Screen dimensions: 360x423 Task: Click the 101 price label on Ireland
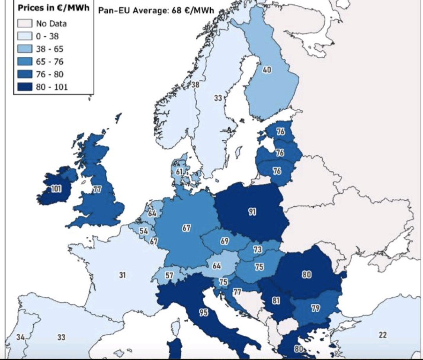(56, 189)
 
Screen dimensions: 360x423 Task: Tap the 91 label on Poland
(252, 212)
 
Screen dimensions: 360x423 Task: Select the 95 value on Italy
(203, 312)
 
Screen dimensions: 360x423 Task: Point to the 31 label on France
(123, 275)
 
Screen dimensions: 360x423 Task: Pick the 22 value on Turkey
(383, 335)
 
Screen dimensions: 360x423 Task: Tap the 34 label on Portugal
(20, 337)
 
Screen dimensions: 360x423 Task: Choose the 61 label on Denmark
(179, 172)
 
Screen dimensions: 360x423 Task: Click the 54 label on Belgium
(144, 231)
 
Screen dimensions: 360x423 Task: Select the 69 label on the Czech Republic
(224, 241)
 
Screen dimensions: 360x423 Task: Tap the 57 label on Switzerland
(169, 275)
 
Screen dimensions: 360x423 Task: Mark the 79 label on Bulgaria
(315, 308)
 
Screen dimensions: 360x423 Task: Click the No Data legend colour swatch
(26, 23)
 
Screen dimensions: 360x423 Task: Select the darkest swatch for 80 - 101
(26, 87)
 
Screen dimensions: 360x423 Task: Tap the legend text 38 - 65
(49, 49)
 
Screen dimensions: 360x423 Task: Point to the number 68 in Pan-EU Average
(176, 11)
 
